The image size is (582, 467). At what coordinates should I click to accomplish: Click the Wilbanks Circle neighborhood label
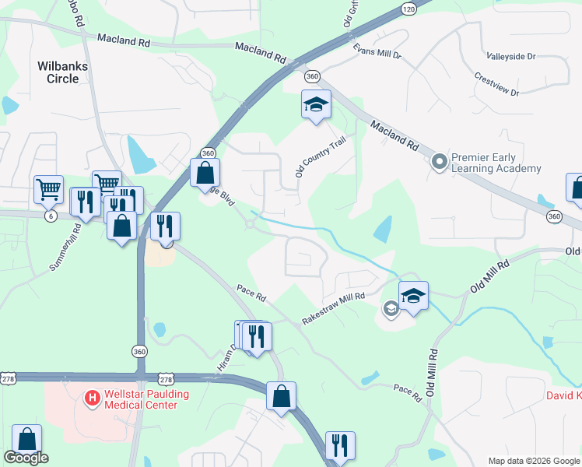point(58,72)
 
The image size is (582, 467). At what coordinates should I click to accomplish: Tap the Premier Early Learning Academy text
point(496,163)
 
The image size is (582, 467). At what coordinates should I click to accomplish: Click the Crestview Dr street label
point(496,85)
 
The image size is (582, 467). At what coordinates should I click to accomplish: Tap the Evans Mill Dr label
point(377,51)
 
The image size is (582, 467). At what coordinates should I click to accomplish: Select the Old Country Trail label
point(320,156)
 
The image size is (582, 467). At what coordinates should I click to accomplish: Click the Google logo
point(26,458)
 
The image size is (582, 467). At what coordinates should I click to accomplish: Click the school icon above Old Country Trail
point(317,105)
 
